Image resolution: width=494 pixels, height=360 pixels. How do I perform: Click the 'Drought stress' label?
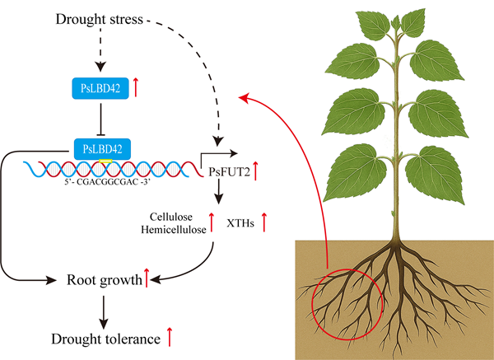pos(100,19)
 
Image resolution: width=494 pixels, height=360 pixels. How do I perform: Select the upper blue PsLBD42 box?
pos(100,88)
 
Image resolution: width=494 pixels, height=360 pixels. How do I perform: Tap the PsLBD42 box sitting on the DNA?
pos(102,149)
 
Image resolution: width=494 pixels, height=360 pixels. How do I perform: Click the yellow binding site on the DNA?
pos(105,161)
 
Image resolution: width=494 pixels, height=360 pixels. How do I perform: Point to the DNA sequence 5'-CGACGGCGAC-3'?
pos(106,182)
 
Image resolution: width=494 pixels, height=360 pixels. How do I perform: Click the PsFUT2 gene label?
pos(230,172)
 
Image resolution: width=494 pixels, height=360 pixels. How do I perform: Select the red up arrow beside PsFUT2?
pos(255,171)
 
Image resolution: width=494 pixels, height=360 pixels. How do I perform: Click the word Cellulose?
pos(171,217)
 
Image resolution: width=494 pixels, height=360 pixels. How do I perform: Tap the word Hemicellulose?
pos(173,230)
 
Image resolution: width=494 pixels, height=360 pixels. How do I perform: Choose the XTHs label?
pos(240,223)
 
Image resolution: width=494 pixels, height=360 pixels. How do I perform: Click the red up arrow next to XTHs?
pos(264,222)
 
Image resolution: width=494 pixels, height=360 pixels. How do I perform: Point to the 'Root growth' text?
pos(105,280)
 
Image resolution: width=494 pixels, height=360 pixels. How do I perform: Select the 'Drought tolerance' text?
pos(106,339)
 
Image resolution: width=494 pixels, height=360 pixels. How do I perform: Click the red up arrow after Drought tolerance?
pos(170,337)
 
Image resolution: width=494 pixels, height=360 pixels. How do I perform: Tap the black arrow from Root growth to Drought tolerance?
pos(104,312)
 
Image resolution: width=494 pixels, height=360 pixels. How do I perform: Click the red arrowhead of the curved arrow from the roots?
pos(245,97)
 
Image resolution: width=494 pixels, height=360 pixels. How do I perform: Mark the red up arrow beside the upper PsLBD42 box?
pos(136,87)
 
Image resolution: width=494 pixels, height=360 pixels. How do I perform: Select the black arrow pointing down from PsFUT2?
pos(218,191)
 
